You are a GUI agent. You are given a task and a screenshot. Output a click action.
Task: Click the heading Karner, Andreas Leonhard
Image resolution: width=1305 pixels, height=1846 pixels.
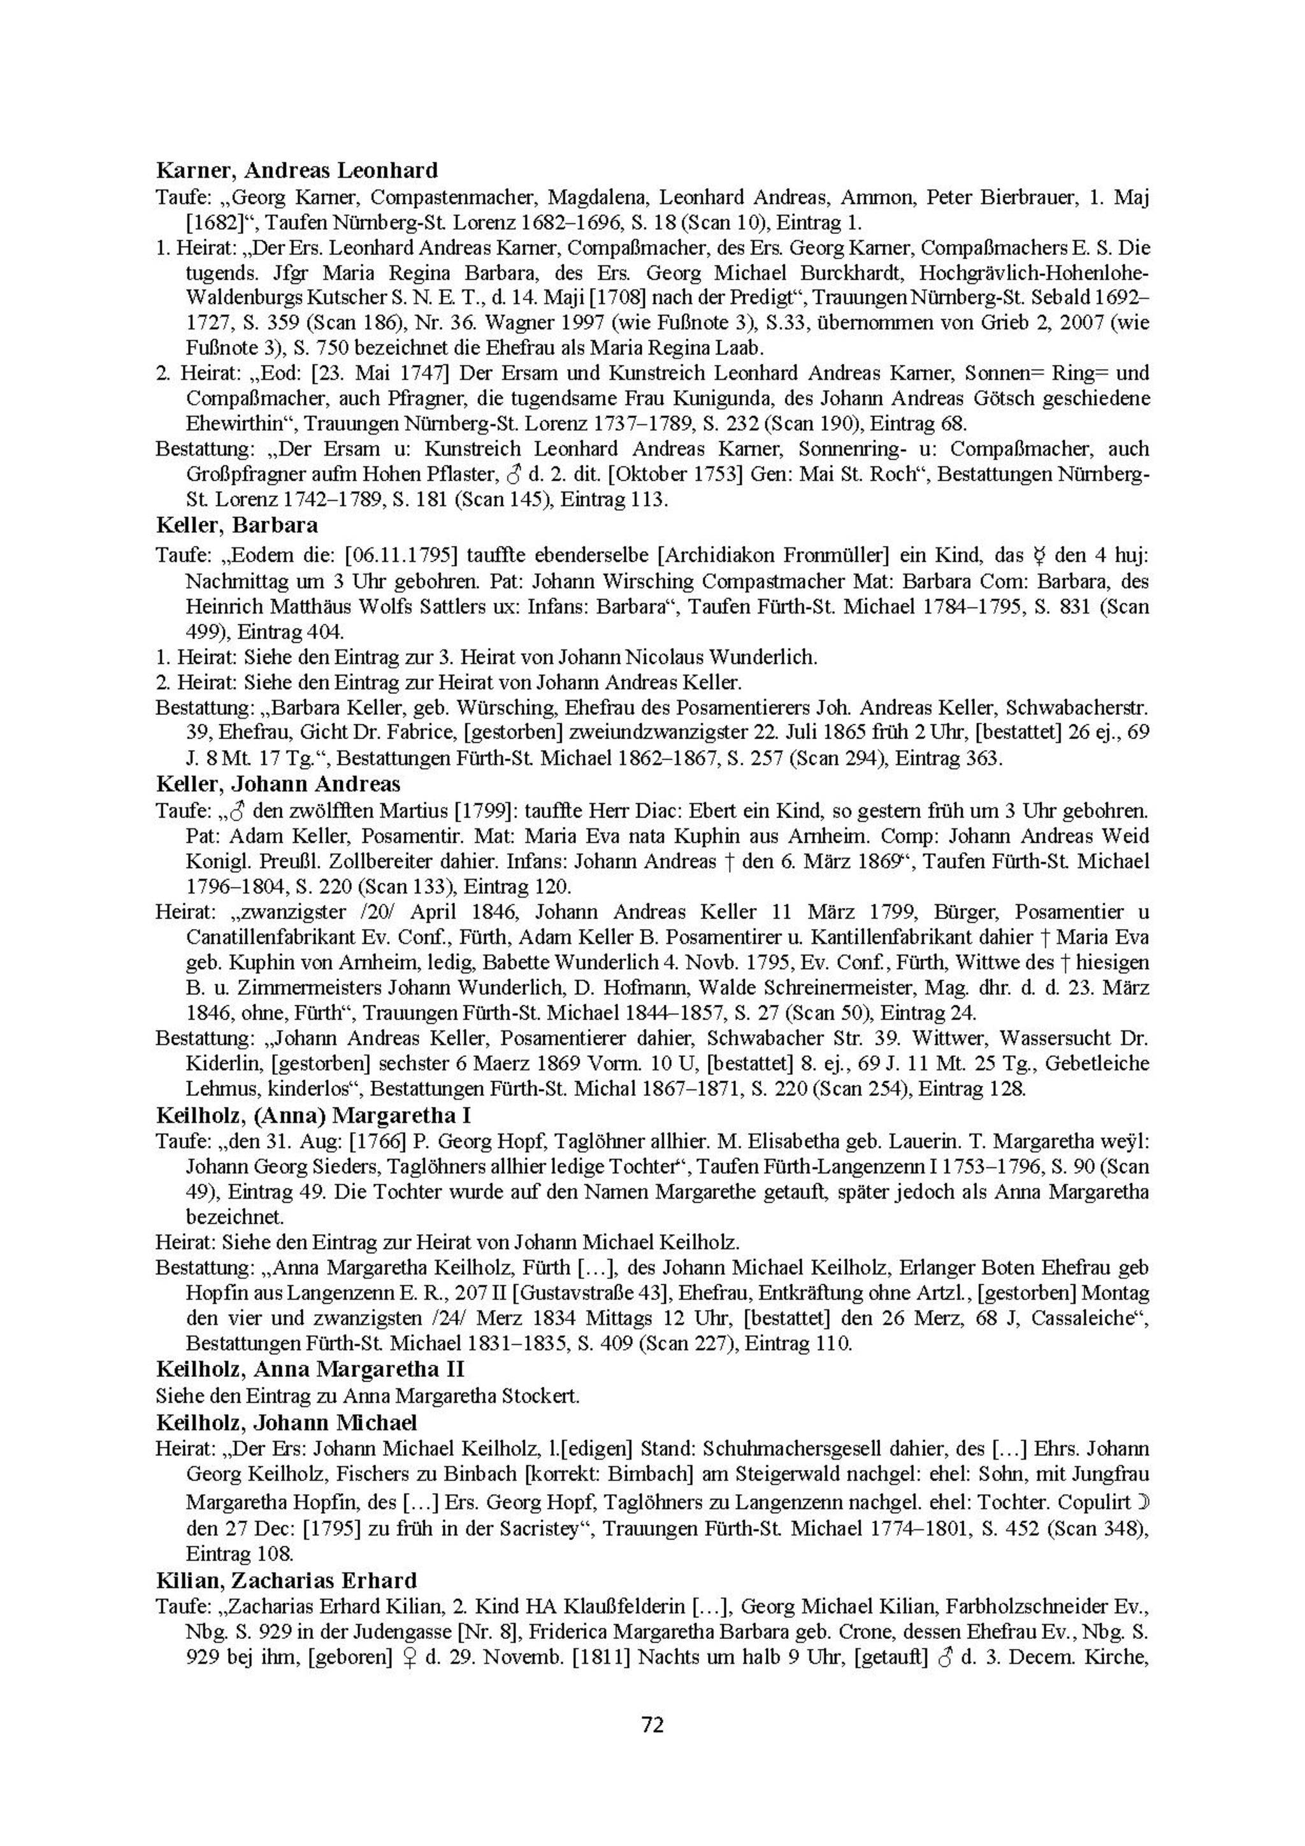[x=297, y=170]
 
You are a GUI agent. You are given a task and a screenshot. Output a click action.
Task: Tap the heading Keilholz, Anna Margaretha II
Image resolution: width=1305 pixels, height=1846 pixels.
[x=310, y=1369]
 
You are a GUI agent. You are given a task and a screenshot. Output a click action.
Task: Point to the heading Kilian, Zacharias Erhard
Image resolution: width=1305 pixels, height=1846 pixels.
[x=286, y=1581]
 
